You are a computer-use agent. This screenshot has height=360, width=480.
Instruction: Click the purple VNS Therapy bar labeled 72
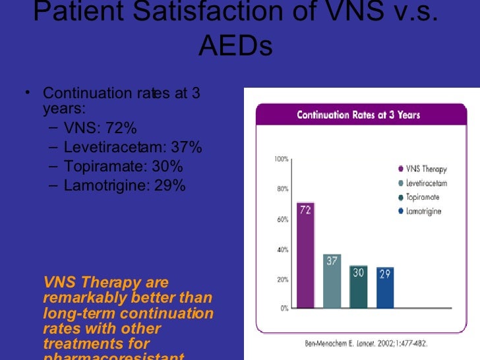(305, 255)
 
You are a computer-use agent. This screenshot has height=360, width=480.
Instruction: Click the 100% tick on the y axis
(281, 159)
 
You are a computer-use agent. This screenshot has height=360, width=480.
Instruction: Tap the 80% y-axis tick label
(282, 189)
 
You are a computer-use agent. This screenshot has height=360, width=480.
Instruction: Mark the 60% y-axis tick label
(282, 220)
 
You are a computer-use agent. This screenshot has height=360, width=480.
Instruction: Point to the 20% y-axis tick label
(282, 280)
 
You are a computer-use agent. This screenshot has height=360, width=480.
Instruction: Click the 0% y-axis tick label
(283, 309)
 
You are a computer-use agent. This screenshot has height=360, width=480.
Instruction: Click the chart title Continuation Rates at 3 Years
(358, 115)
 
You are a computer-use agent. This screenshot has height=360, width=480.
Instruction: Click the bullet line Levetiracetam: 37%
(133, 146)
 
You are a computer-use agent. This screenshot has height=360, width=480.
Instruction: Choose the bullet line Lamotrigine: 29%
(125, 185)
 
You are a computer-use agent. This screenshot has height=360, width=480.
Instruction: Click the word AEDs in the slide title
(235, 47)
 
